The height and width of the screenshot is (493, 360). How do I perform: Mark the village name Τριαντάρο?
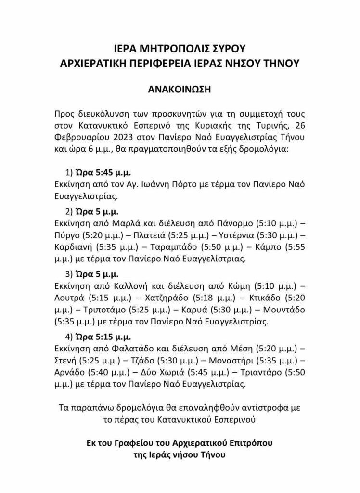click(x=265, y=373)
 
